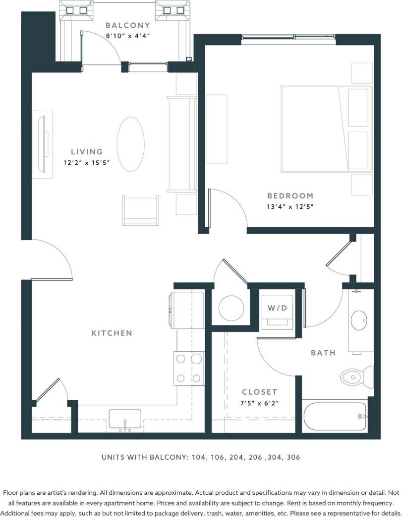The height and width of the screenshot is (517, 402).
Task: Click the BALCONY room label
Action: pyautogui.click(x=127, y=25)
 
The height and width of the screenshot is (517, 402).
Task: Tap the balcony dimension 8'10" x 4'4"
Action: pyautogui.click(x=127, y=36)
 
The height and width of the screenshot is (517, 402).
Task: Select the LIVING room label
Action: pyautogui.click(x=87, y=152)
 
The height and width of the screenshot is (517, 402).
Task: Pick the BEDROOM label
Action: pyautogui.click(x=290, y=196)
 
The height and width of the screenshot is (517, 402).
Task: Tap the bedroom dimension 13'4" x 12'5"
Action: pyautogui.click(x=291, y=206)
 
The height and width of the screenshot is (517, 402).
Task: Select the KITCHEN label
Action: pyautogui.click(x=112, y=333)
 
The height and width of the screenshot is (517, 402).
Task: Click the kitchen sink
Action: pyautogui.click(x=124, y=420)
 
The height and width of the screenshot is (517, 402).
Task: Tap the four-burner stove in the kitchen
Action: pyautogui.click(x=188, y=368)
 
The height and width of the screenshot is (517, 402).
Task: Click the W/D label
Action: pyautogui.click(x=277, y=308)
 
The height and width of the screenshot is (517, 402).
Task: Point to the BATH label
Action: pyautogui.click(x=323, y=353)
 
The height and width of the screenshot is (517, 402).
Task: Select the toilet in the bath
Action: pyautogui.click(x=356, y=377)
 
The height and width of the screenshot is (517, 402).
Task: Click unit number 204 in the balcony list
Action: pyautogui.click(x=237, y=458)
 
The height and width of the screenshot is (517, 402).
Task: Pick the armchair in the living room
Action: pyautogui.click(x=141, y=210)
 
